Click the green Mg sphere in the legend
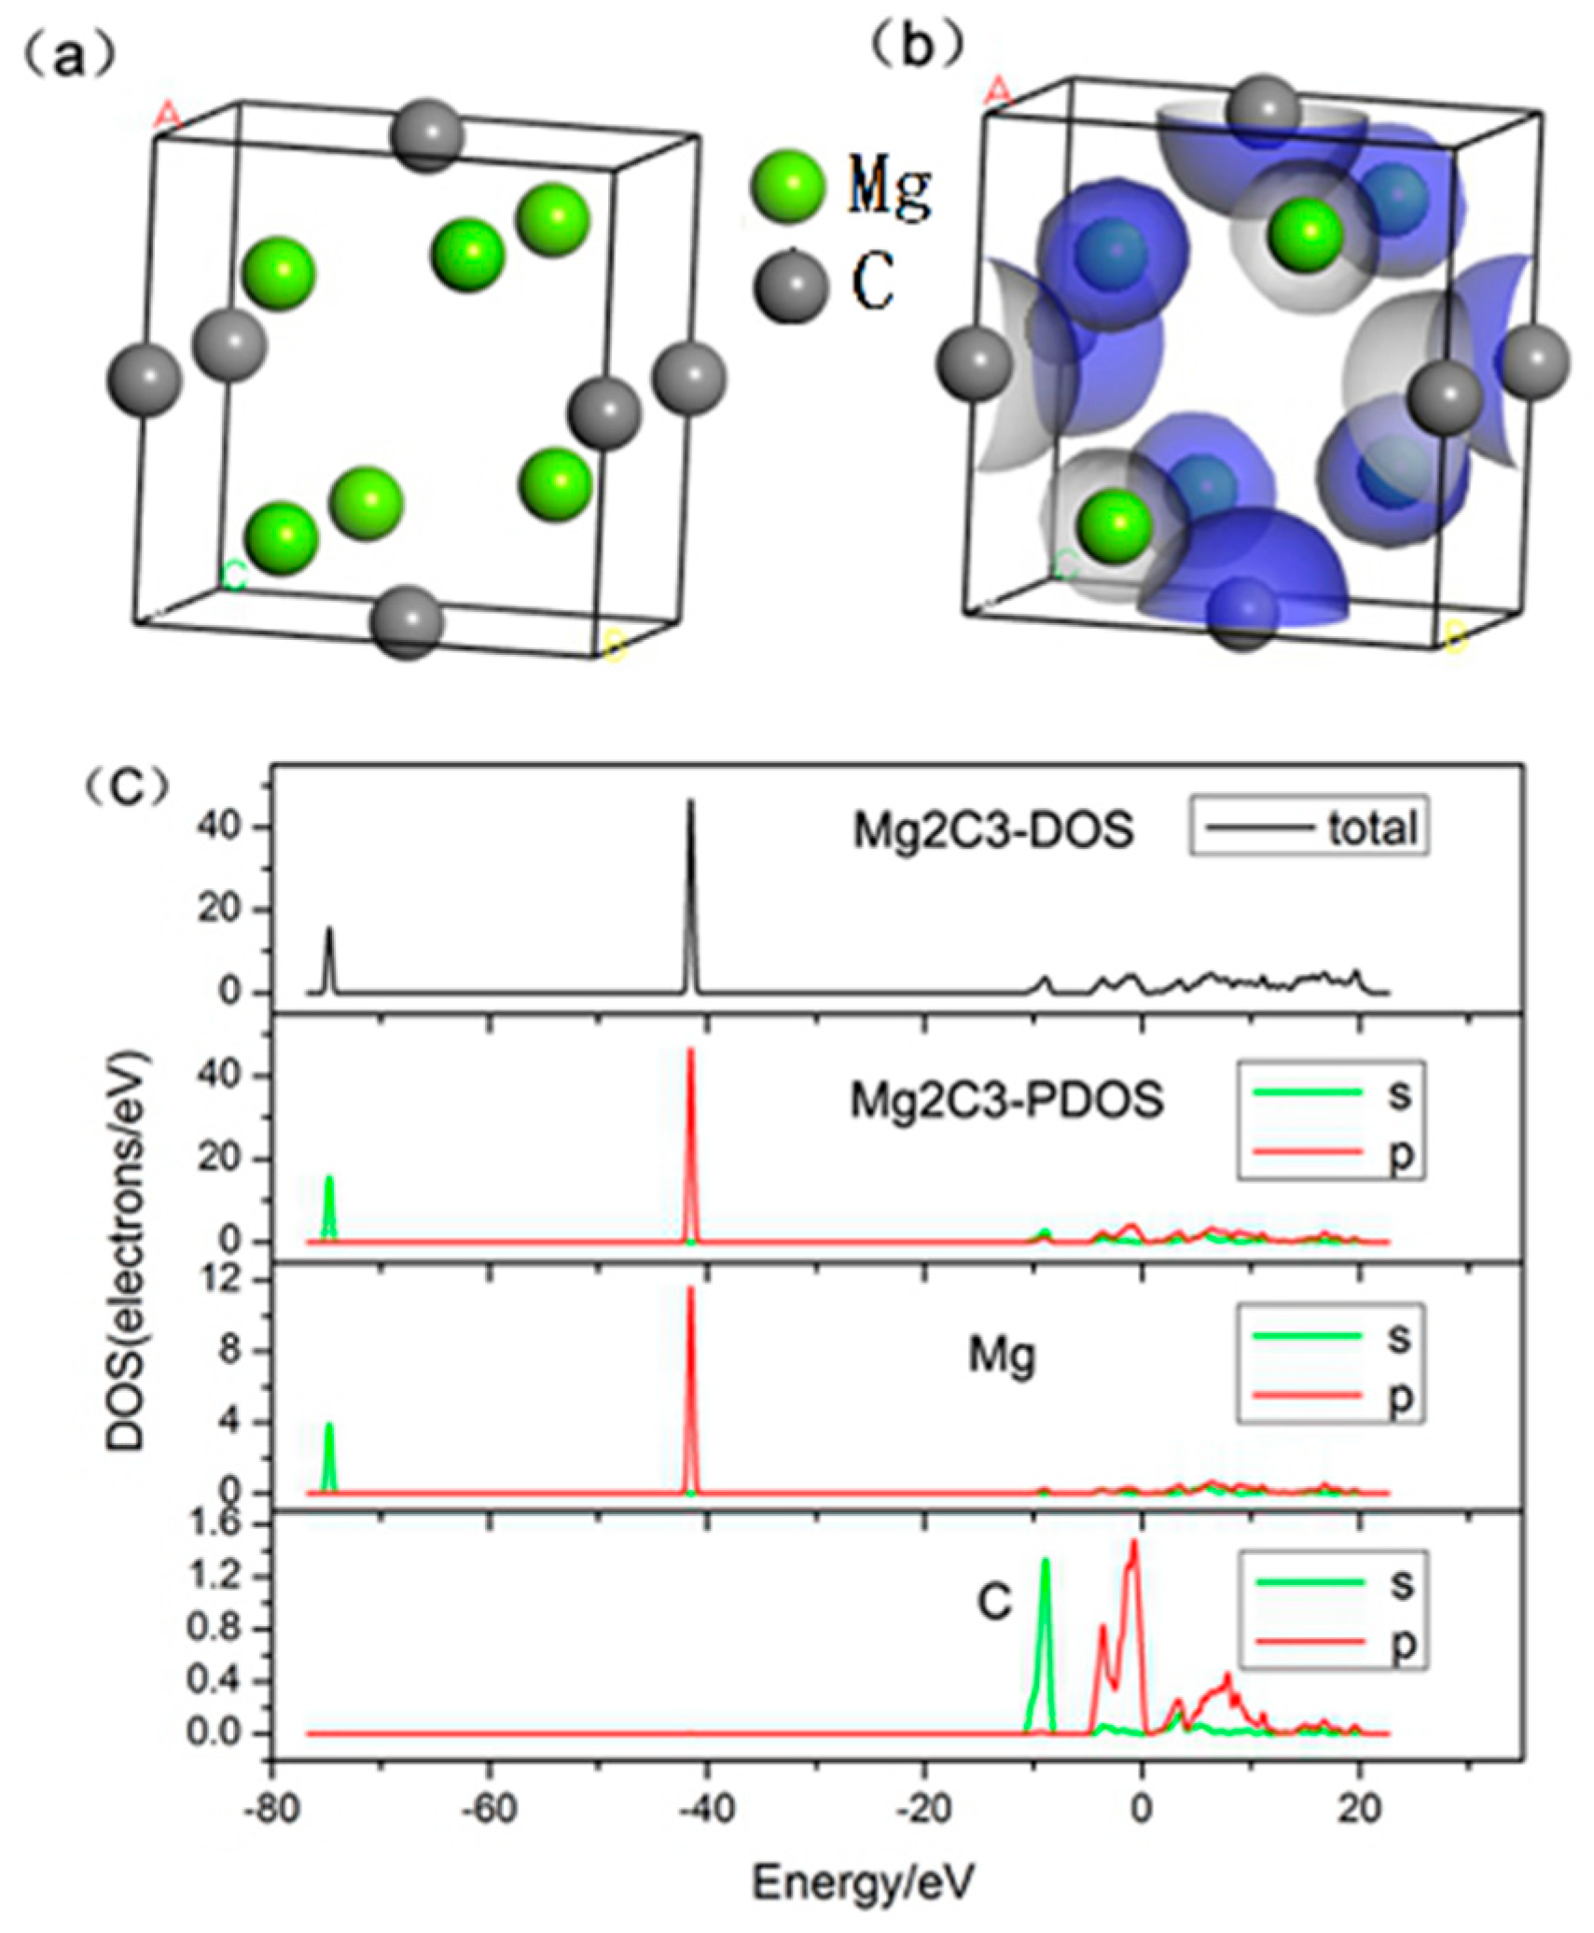pyautogui.click(x=787, y=186)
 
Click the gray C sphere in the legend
pyautogui.click(x=790, y=284)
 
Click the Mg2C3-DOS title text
pyautogui.click(x=993, y=829)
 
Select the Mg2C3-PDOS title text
pyautogui.click(x=1006, y=1100)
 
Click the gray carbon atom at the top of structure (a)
pyautogui.click(x=427, y=135)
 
